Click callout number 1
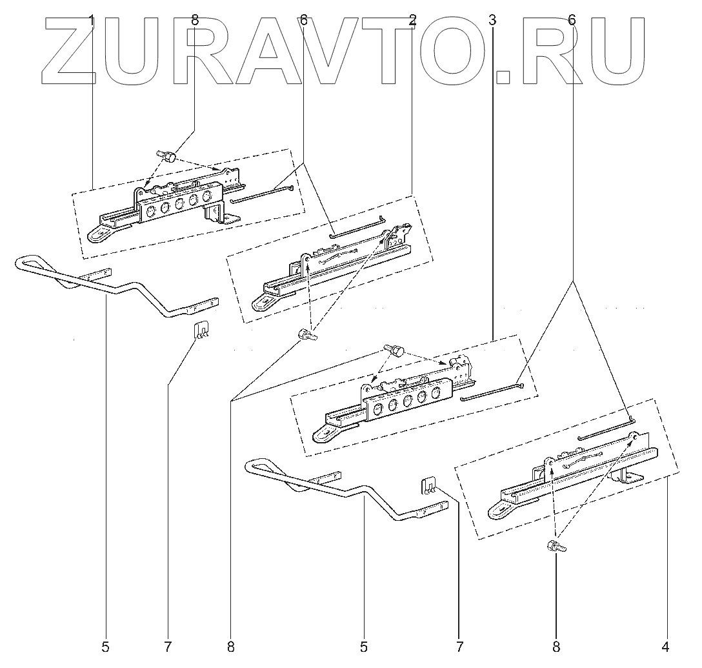coord(92,21)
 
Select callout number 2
coord(412,21)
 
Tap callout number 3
coord(492,21)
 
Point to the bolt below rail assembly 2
coord(305,334)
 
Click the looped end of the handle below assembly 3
coord(258,466)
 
